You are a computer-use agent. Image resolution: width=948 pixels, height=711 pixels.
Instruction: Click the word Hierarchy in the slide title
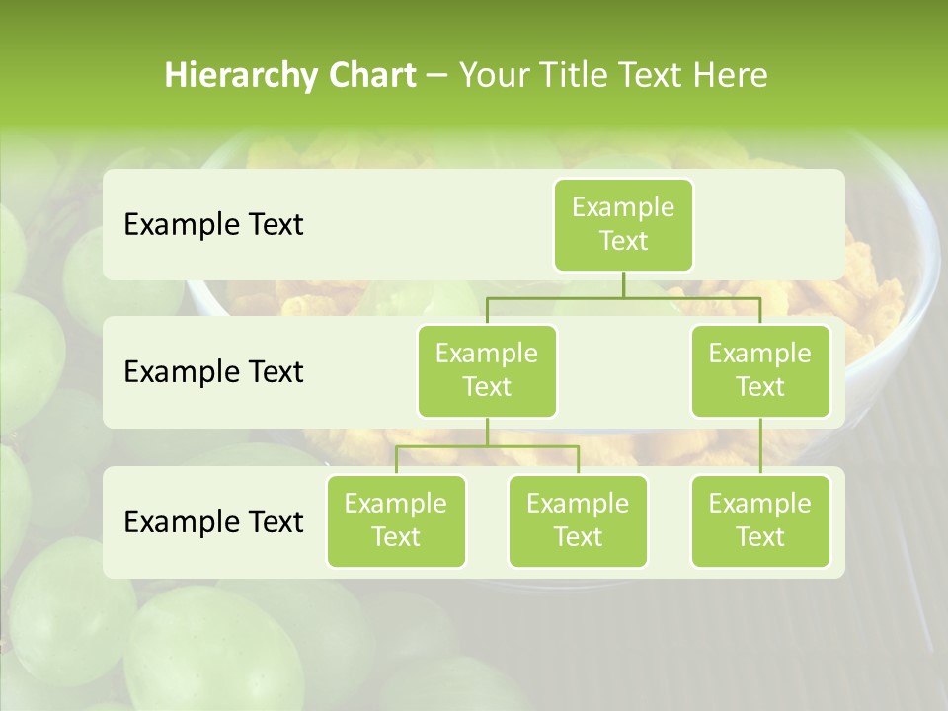(x=240, y=76)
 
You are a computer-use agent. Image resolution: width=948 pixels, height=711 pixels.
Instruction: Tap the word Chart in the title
(x=369, y=76)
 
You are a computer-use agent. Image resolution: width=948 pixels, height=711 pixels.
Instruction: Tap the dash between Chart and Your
(x=437, y=77)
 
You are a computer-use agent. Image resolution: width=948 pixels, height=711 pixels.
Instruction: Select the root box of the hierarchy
(x=623, y=225)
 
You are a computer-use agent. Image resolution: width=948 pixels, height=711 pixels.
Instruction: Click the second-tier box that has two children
(x=487, y=370)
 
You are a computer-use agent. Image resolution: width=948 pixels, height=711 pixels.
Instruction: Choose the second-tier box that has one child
(x=760, y=370)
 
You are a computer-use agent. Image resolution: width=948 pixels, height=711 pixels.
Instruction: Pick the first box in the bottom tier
(x=396, y=521)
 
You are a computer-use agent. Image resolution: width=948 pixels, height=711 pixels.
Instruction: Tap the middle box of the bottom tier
(x=578, y=521)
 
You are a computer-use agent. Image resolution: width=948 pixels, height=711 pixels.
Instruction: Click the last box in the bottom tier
(x=760, y=521)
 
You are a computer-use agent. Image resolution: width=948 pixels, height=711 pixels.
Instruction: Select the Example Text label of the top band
(x=213, y=225)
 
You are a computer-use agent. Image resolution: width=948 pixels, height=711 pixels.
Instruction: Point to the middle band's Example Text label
(x=213, y=371)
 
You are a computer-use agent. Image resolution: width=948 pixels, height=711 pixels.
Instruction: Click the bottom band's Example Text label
(x=213, y=521)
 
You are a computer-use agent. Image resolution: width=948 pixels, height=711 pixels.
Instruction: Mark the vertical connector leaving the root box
(x=623, y=284)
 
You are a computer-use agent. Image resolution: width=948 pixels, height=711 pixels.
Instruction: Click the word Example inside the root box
(x=623, y=207)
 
